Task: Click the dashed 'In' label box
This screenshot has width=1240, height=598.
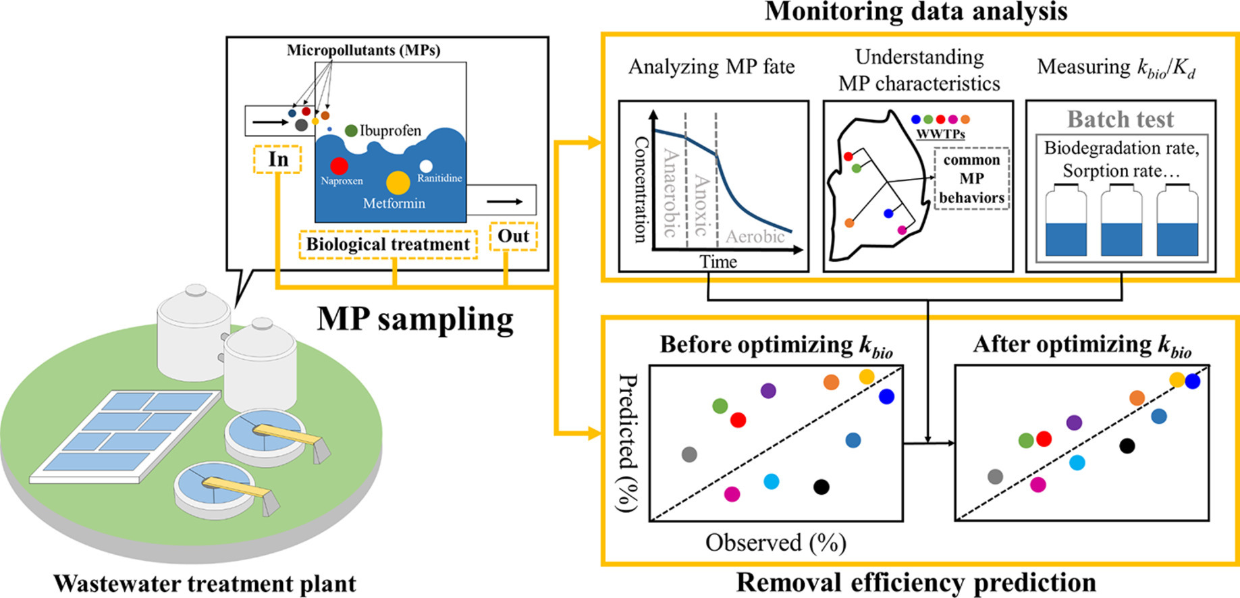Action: click(277, 159)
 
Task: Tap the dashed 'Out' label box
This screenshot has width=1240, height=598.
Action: click(513, 236)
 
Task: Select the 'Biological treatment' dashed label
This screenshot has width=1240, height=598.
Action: click(388, 244)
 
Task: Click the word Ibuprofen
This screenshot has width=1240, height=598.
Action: click(390, 131)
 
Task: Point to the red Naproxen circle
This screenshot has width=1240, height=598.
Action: click(339, 165)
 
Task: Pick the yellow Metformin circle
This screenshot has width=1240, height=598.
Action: click(398, 182)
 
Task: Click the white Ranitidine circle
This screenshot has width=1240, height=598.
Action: click(426, 166)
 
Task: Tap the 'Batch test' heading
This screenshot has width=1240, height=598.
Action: click(1121, 119)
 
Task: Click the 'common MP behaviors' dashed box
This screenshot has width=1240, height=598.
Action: click(971, 179)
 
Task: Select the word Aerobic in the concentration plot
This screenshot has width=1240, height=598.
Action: click(755, 236)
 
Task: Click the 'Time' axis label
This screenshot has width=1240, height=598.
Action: click(718, 261)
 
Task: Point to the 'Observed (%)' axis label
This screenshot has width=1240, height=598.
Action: click(776, 542)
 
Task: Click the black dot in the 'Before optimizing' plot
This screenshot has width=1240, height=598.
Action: click(821, 487)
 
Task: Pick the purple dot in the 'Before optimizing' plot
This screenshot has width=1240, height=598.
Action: click(768, 390)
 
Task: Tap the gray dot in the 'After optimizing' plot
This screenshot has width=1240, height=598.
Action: click(995, 477)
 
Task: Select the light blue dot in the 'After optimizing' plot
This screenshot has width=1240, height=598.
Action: click(1077, 462)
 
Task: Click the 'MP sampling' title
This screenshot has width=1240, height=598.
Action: click(415, 319)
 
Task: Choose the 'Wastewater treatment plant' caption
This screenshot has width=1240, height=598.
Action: click(205, 583)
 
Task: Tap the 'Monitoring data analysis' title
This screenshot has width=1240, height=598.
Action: click(916, 11)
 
